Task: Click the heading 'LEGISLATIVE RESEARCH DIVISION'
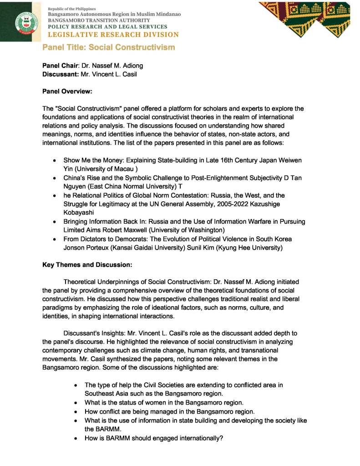[113, 35]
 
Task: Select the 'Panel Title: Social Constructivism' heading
[109, 47]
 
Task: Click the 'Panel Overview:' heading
[67, 91]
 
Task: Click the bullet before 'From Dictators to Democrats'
[54, 239]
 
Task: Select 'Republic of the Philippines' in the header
[72, 9]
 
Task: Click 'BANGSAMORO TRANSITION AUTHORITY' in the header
[99, 20]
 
